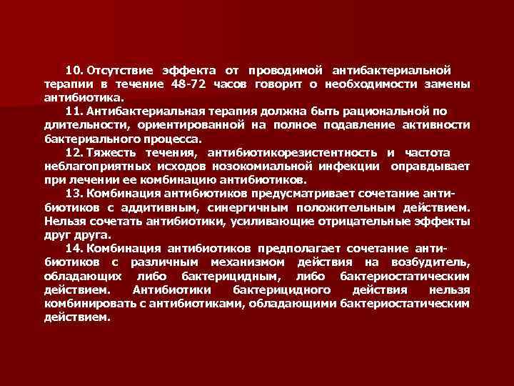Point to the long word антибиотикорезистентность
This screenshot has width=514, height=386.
click(293, 152)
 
